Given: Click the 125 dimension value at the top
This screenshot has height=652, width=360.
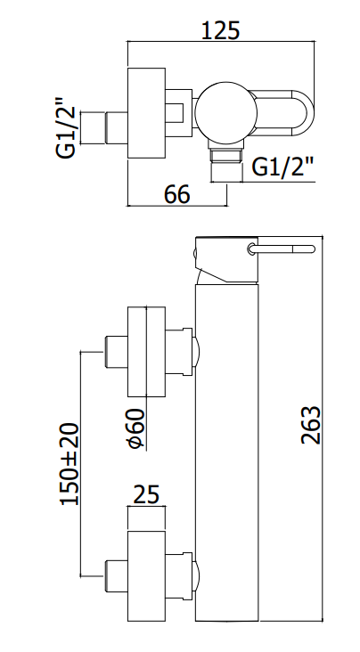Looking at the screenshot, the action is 221,30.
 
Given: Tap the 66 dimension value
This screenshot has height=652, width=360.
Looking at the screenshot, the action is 176,194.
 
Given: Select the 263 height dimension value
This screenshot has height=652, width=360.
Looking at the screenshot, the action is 311,426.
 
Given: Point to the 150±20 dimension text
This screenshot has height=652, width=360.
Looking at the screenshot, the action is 70,464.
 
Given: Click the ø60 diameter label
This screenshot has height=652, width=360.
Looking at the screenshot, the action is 135,429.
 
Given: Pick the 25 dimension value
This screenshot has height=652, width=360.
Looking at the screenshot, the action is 146,495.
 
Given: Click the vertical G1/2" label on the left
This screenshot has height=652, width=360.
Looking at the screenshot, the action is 66,127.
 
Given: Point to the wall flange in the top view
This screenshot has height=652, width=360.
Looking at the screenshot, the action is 146,113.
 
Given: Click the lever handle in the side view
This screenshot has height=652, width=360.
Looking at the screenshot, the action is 281,249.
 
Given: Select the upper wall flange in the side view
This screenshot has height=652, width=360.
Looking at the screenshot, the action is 146,352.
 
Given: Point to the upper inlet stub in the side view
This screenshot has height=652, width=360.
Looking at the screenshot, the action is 115,351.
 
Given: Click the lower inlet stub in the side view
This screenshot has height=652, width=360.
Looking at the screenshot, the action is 115,576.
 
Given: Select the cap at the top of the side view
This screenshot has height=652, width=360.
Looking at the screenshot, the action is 227,260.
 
